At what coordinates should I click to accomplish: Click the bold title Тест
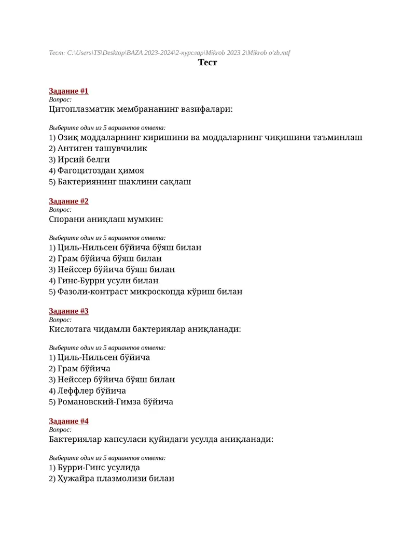pyautogui.click(x=208, y=63)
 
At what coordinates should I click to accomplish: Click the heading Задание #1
pyautogui.click(x=68, y=91)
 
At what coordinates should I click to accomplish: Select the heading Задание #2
pyautogui.click(x=68, y=201)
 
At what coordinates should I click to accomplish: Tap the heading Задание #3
pyautogui.click(x=68, y=311)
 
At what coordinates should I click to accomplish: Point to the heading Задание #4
pyautogui.click(x=68, y=421)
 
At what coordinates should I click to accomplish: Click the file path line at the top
pyautogui.click(x=170, y=53)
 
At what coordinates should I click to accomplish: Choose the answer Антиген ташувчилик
pyautogui.click(x=98, y=149)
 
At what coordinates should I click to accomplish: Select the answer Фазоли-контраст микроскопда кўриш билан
pyautogui.click(x=146, y=292)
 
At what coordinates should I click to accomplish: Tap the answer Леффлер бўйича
pyautogui.click(x=87, y=390)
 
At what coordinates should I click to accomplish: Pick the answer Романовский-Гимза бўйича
pyautogui.click(x=111, y=402)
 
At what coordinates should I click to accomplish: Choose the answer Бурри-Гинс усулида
pyautogui.click(x=94, y=468)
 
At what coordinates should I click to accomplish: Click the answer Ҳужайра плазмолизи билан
pyautogui.click(x=112, y=479)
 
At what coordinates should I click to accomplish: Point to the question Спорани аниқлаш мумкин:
pyautogui.click(x=106, y=219)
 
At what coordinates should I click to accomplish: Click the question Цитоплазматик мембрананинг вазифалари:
pyautogui.click(x=141, y=109)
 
